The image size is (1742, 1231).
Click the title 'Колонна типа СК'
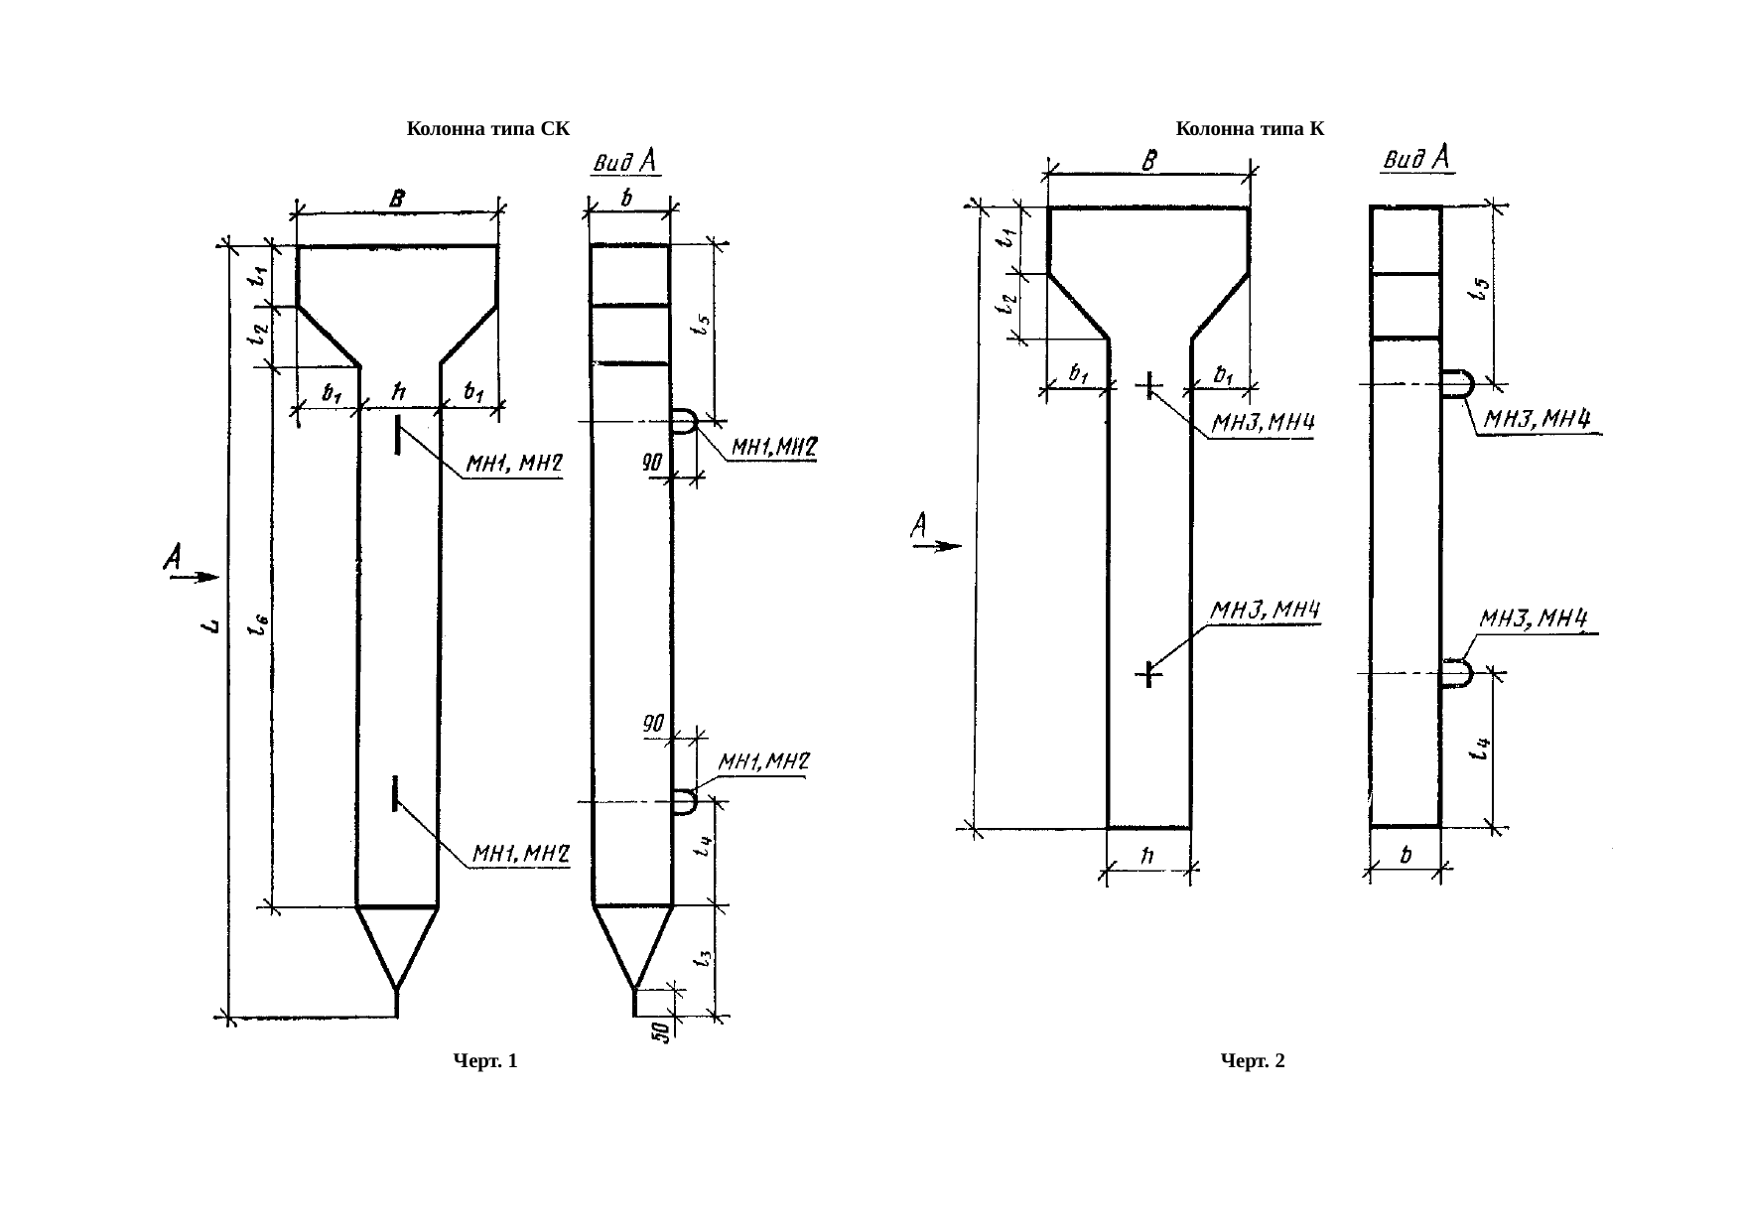(x=488, y=129)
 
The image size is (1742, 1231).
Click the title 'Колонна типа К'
(x=1250, y=129)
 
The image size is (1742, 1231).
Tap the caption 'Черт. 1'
(x=485, y=1062)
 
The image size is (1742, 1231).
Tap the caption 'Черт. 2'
(x=1253, y=1062)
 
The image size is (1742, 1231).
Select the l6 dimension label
(x=258, y=623)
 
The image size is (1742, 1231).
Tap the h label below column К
(x=1146, y=855)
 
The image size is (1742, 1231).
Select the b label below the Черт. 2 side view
(x=1406, y=855)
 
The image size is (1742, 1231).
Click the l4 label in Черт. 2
(x=1479, y=748)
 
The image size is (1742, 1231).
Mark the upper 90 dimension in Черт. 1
(x=651, y=463)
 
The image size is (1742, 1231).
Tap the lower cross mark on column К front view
(x=1148, y=674)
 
